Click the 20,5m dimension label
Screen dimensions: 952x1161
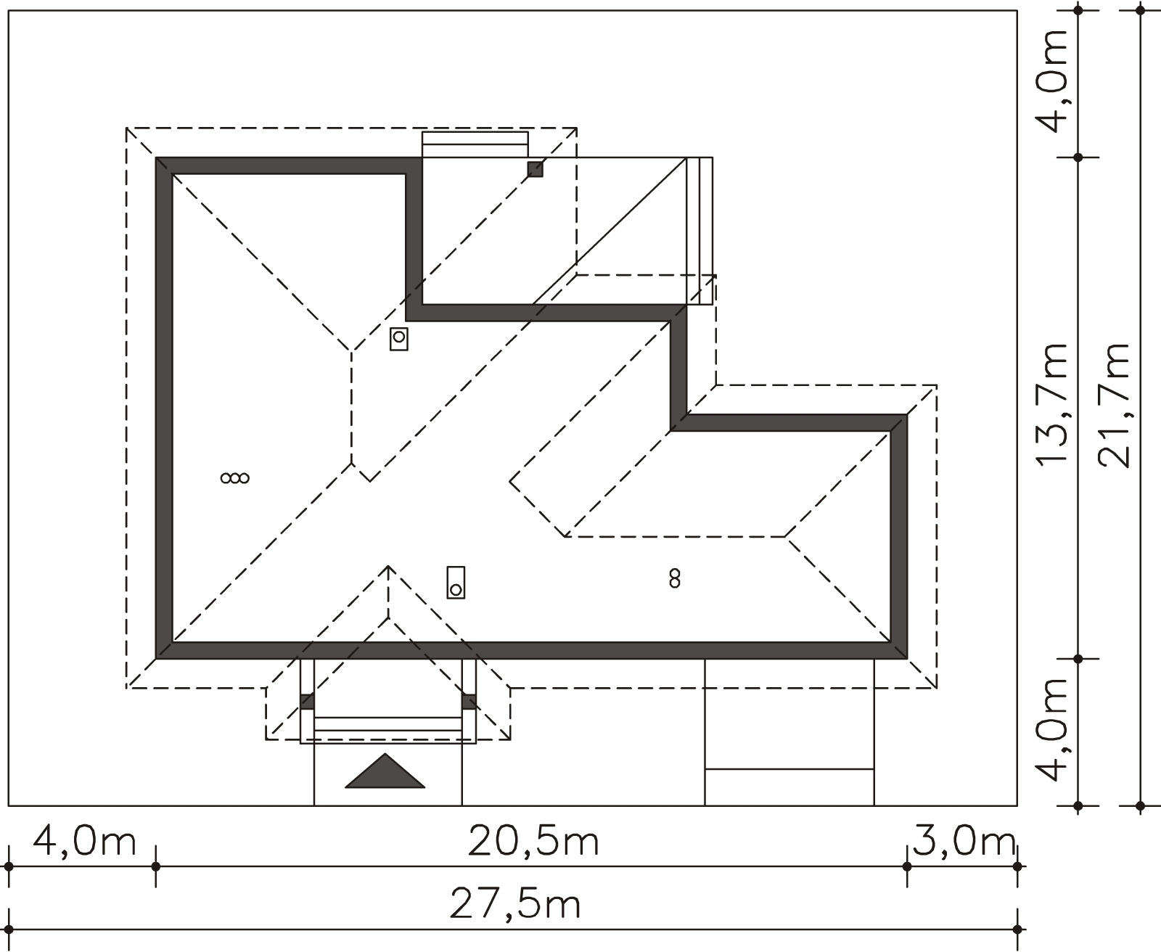click(533, 842)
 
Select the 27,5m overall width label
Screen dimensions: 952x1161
click(516, 905)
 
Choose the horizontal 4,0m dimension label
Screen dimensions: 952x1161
click(85, 842)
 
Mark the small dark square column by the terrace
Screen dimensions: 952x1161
click(535, 169)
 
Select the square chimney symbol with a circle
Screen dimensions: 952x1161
click(398, 338)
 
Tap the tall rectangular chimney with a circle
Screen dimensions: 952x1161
click(456, 582)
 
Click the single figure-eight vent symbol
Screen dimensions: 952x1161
click(675, 578)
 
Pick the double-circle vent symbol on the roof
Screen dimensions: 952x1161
click(235, 477)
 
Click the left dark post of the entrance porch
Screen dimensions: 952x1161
click(307, 702)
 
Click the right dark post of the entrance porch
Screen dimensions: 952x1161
click(469, 702)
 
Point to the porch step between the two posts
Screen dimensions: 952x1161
click(388, 723)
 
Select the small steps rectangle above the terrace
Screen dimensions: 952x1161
click(475, 144)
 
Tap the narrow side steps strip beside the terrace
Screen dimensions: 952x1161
click(700, 231)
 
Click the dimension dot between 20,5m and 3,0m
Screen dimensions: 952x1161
click(906, 866)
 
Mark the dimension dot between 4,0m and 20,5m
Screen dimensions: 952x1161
click(155, 866)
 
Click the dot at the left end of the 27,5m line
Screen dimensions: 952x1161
click(9, 929)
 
